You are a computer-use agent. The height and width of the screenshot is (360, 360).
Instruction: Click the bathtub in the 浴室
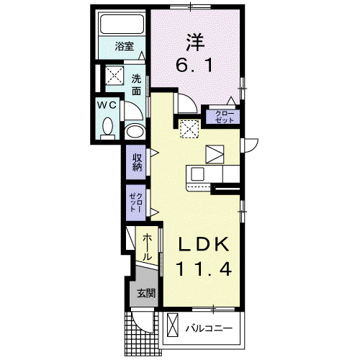pos(122,24)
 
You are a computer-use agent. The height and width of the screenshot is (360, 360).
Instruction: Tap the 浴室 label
pos(124,46)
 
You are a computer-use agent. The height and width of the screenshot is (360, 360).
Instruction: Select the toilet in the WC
pos(107,129)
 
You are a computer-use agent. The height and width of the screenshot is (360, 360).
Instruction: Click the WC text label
pos(107,105)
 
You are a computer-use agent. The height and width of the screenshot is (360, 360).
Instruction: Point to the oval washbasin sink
pos(135,132)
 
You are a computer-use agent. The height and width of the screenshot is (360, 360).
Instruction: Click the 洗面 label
pos(136,85)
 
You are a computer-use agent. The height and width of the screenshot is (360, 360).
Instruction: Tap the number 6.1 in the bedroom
pos(194,66)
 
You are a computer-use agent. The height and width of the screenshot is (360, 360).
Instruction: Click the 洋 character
pos(196,42)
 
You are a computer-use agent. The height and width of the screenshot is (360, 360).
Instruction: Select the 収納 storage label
pos(136,162)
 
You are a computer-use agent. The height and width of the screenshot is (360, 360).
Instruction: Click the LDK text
pos(203,244)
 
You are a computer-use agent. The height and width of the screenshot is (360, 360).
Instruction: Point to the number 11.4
pos(204,269)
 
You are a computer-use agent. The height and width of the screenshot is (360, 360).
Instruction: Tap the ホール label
pos(147,248)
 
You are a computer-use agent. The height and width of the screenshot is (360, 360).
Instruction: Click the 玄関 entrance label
pos(146,293)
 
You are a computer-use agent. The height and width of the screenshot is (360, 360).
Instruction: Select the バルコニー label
pos(209,328)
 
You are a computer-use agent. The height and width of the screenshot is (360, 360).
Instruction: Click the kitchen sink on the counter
pos(197,174)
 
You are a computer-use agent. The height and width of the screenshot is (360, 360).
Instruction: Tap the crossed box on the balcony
pos(173,325)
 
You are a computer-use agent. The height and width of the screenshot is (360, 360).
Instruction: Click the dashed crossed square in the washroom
pos(114,75)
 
